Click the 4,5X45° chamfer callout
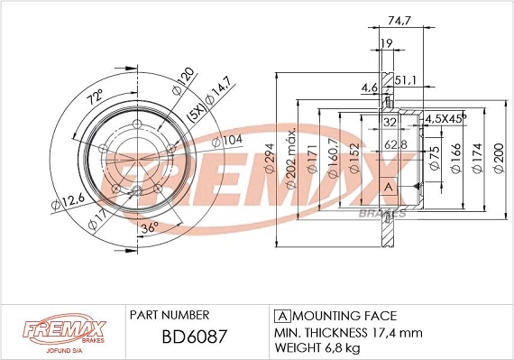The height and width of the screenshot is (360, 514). (x=445, y=117)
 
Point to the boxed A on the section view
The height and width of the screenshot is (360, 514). (x=389, y=187)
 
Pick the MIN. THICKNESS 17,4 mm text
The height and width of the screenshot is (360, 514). (x=347, y=332)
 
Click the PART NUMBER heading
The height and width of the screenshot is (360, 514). (x=170, y=315)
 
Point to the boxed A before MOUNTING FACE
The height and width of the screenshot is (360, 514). (x=280, y=316)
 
